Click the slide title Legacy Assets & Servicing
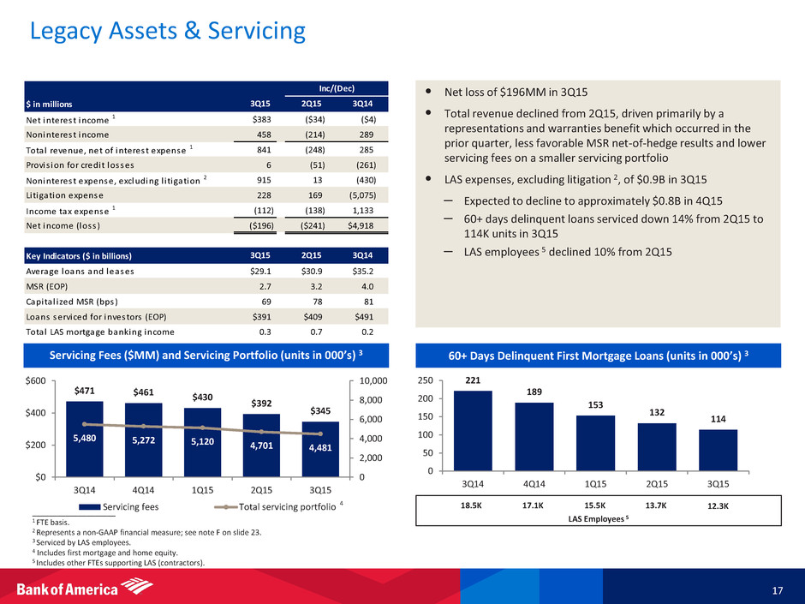(x=167, y=32)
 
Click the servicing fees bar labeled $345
(x=319, y=450)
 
